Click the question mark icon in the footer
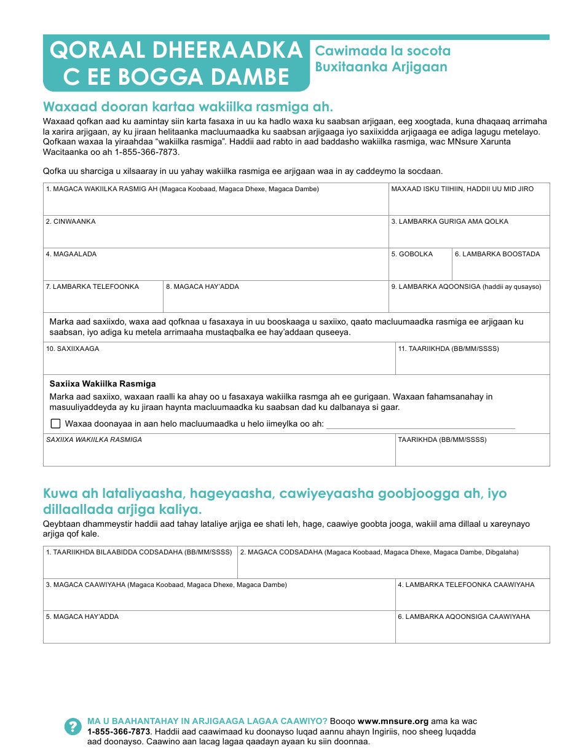(x=73, y=726)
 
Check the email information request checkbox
(x=56, y=423)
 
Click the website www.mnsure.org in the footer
(x=393, y=722)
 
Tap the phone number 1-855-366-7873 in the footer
(x=119, y=731)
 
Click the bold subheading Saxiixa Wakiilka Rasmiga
(x=103, y=384)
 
